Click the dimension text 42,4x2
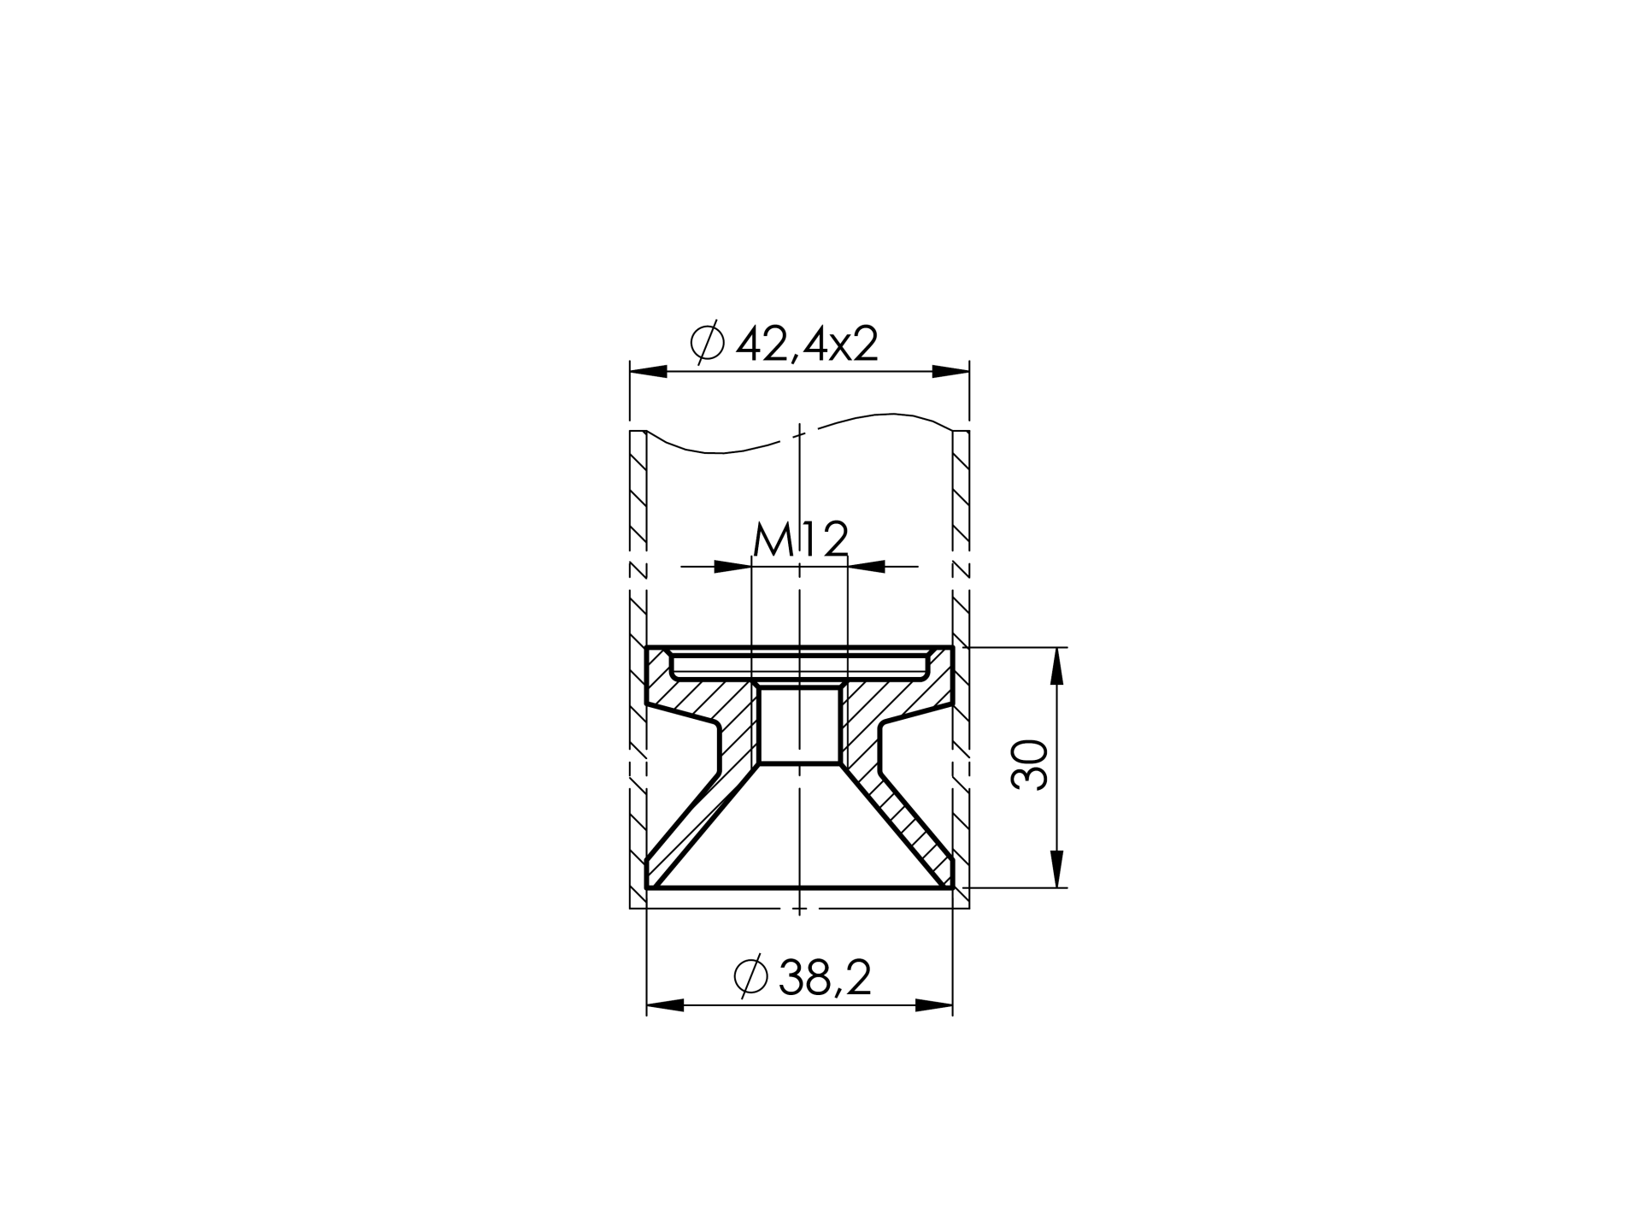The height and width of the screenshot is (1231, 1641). point(807,345)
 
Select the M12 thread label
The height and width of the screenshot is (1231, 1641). point(801,540)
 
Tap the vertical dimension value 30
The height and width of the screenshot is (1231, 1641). point(1030,765)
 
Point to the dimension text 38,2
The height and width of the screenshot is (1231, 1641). point(826,978)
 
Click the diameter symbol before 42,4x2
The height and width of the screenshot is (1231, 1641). point(707,344)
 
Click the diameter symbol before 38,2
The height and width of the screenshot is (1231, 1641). point(751,977)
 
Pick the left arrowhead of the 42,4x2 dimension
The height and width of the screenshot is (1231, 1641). point(649,372)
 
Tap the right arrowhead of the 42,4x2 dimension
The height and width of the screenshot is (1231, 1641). point(950,372)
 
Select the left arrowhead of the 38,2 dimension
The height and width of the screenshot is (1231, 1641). point(666,1005)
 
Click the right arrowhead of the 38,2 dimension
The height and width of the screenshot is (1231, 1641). point(933,1005)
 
